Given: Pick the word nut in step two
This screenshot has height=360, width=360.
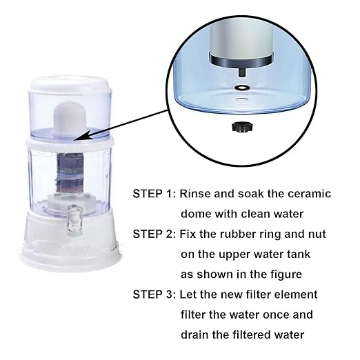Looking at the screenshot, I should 317,234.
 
